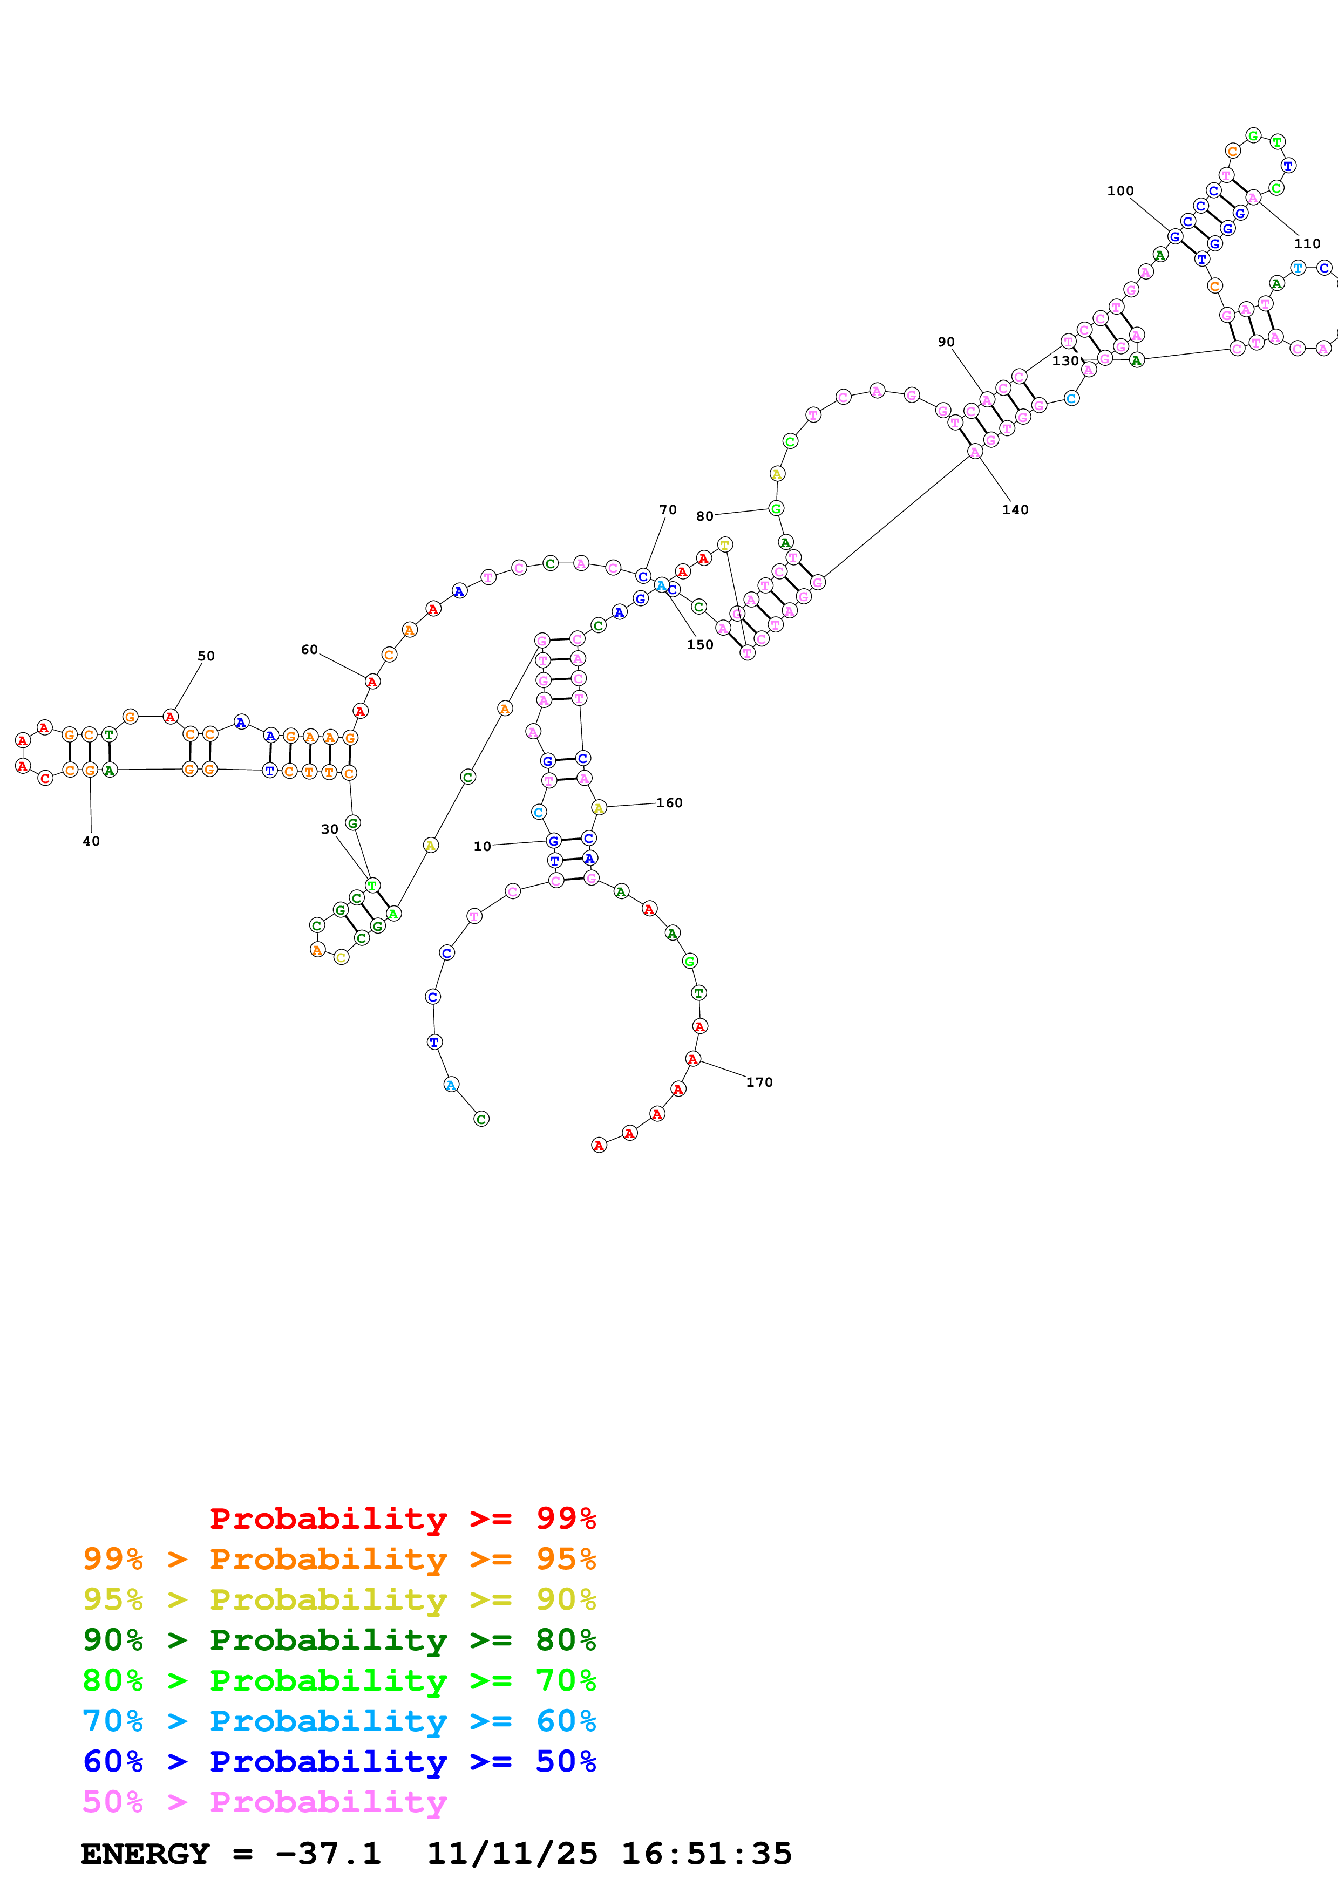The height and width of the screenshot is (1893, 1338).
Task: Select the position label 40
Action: coord(91,841)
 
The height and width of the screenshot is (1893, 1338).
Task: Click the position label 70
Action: coord(667,509)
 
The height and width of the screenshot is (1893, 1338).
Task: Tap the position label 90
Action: coord(946,342)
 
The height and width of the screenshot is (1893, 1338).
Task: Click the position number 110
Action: coord(1307,243)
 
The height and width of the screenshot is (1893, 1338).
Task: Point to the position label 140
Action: coord(1015,509)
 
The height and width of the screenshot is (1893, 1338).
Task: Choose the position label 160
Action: coord(669,802)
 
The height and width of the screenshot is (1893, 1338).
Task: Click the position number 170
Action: coord(759,1082)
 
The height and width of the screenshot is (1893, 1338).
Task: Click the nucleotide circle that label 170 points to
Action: coord(694,1059)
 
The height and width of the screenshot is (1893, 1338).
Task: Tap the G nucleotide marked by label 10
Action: coord(553,841)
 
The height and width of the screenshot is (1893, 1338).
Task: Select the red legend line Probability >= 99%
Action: coord(402,1518)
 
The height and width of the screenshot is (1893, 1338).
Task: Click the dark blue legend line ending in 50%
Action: coord(339,1761)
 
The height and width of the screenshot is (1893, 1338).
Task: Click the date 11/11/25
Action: coord(511,1854)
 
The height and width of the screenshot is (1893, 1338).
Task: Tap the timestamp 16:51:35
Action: coord(705,1854)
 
